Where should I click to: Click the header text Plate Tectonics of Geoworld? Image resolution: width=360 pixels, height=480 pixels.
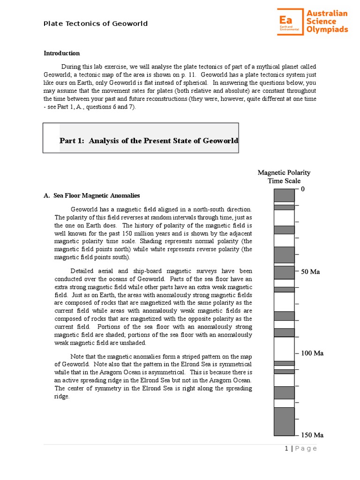click(96, 23)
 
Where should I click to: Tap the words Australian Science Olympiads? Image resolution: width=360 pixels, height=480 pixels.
click(327, 22)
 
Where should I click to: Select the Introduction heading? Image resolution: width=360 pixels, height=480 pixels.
click(61, 53)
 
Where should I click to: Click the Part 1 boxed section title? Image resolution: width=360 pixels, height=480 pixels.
click(149, 141)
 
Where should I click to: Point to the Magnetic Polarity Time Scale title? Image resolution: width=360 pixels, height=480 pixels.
click(284, 177)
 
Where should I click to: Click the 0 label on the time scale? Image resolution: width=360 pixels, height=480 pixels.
click(303, 189)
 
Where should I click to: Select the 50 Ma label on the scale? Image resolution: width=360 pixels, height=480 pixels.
click(310, 272)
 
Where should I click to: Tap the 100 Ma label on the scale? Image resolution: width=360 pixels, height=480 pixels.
click(312, 353)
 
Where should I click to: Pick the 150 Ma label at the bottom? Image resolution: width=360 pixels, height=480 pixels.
click(312, 435)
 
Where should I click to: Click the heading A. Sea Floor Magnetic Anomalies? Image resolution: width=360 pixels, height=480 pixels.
click(91, 195)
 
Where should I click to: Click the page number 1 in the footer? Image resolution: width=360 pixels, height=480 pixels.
click(286, 449)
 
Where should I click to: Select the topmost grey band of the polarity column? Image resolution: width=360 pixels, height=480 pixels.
click(284, 195)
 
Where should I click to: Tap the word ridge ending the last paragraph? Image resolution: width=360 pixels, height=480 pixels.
click(61, 397)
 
